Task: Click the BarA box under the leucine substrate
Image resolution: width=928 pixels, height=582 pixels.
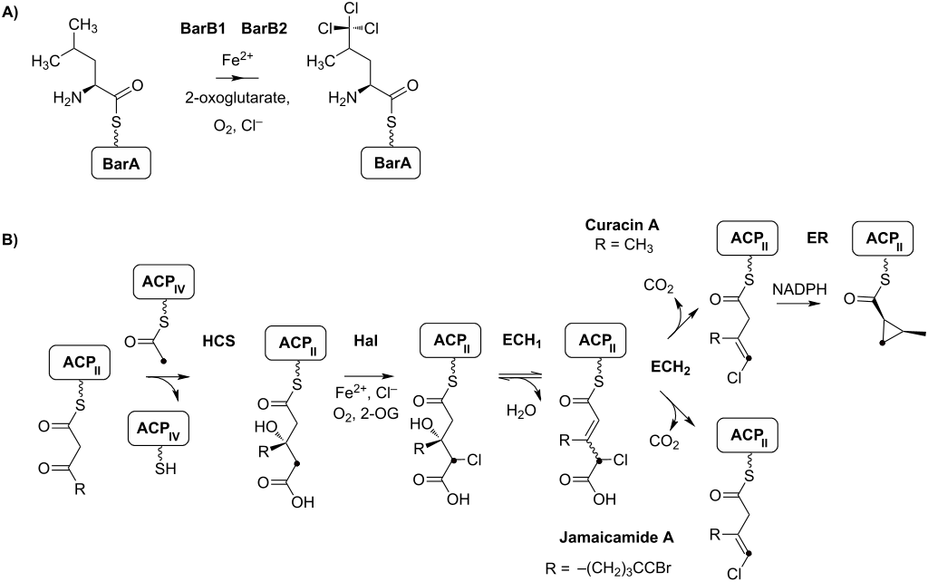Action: tap(122, 166)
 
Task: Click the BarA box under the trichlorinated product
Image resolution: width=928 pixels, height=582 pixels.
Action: tap(387, 165)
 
